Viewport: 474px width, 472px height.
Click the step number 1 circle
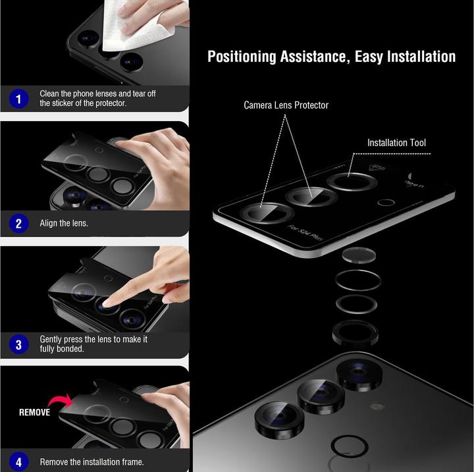tap(18, 99)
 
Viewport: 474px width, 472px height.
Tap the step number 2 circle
tap(18, 223)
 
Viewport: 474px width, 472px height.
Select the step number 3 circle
tap(18, 344)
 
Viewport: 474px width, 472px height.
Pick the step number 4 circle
tap(18, 461)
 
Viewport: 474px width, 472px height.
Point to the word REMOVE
tap(34, 413)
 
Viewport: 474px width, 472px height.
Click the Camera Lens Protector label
tap(286, 105)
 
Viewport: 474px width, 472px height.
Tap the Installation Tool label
tap(396, 143)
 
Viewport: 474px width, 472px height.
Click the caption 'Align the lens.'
tap(64, 224)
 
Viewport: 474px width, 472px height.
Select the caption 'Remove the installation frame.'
tap(92, 462)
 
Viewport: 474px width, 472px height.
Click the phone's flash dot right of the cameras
tap(378, 406)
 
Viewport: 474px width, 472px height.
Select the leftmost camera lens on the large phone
tap(280, 419)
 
